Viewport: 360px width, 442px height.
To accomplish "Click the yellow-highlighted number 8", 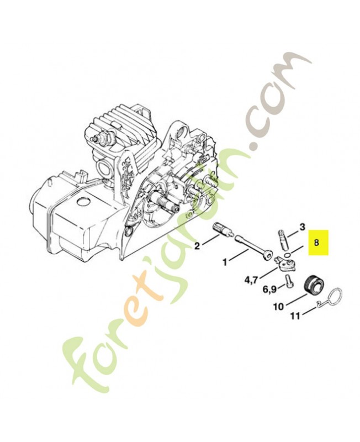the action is tap(316, 242).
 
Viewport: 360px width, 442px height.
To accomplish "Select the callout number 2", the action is tap(197, 246).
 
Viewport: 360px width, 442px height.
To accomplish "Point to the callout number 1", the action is tap(225, 262).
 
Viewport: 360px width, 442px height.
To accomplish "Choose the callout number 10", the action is tap(279, 307).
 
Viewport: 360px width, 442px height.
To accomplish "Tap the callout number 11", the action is tap(295, 316).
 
